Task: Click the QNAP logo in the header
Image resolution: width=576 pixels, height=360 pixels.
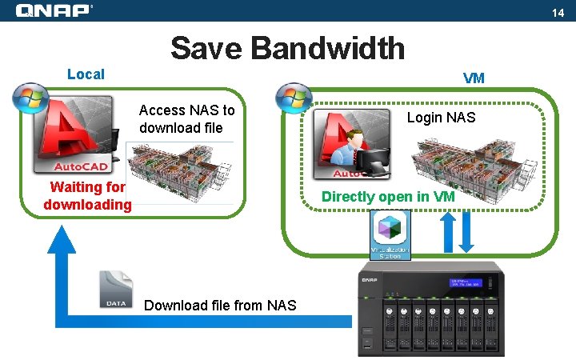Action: point(54,10)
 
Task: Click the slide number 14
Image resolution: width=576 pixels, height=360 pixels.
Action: point(558,13)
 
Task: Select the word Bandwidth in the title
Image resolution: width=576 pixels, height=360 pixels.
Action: point(328,48)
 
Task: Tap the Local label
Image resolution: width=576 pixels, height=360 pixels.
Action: point(86,74)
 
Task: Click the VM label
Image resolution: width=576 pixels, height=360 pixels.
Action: point(474,78)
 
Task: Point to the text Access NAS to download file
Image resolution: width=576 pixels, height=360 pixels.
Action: point(187,118)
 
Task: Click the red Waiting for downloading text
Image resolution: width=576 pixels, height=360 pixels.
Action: point(87,196)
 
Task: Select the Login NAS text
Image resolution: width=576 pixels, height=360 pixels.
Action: point(441,118)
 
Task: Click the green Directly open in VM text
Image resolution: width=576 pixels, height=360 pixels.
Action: point(388,197)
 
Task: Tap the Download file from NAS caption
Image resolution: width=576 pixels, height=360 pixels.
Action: point(219,305)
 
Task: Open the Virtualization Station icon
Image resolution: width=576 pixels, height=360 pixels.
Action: point(390,234)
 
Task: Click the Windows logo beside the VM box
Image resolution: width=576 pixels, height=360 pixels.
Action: point(294,98)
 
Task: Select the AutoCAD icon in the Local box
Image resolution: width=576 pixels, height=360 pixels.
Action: point(76,136)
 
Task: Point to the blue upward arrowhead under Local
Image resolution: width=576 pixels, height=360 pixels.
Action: point(62,240)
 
